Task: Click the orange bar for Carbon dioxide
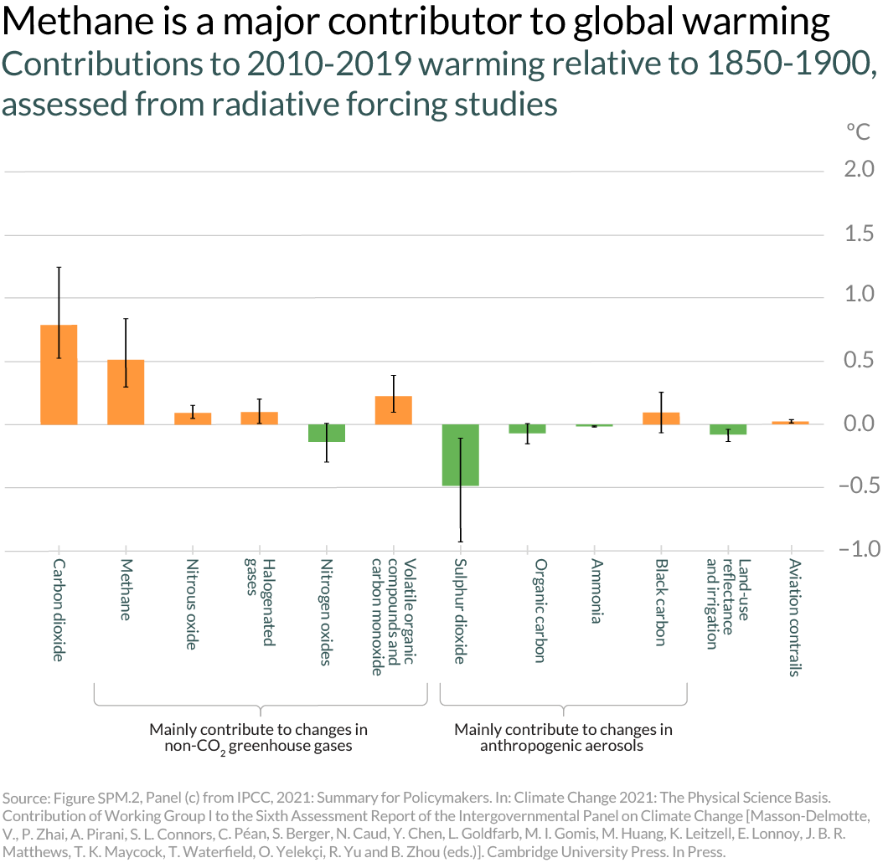pos(59,374)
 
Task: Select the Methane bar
pos(126,392)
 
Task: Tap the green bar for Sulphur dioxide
pos(460,455)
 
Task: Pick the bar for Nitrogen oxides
pos(326,433)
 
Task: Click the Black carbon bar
pos(661,418)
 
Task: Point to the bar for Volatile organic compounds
pos(393,410)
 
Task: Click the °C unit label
pos(858,131)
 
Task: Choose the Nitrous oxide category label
pos(192,605)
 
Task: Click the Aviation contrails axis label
pos(794,619)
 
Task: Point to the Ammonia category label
pos(594,592)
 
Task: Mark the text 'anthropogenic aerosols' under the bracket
pos(562,745)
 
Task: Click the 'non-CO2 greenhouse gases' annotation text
pos(258,746)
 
